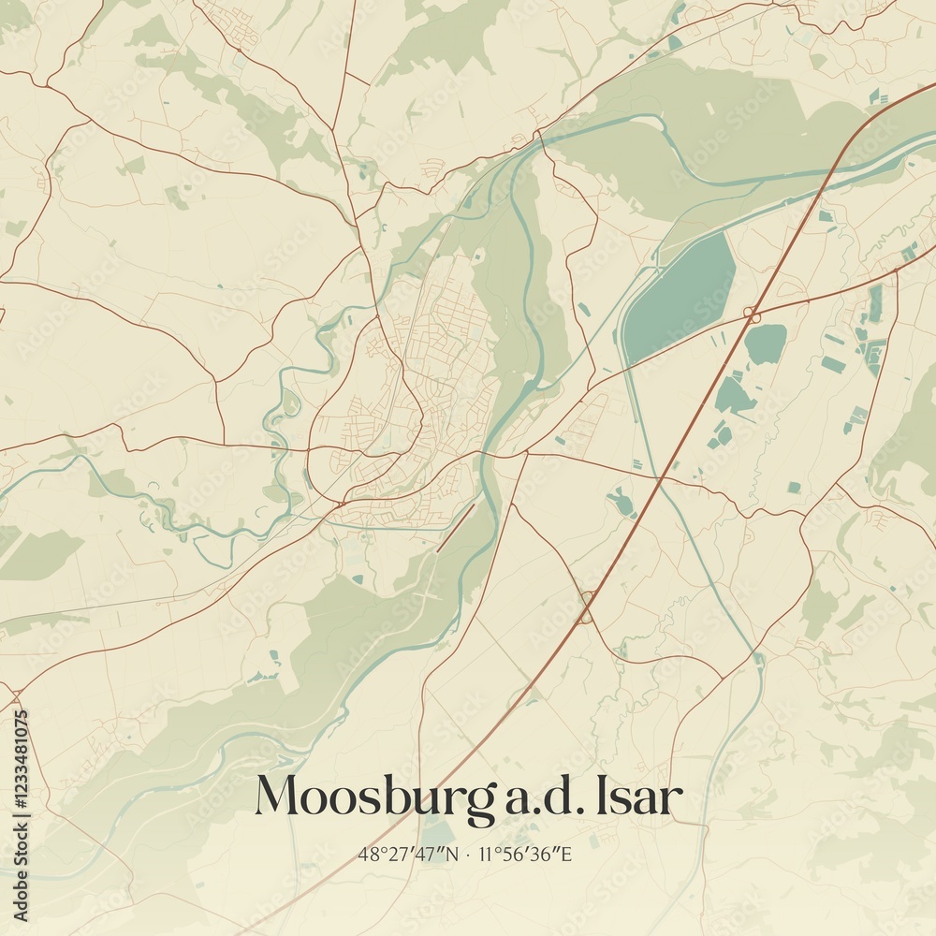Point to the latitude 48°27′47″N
408,855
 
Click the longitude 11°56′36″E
527,855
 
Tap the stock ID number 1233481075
22,792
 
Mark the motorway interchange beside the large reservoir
751,314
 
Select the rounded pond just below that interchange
766,344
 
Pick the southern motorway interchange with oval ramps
587,607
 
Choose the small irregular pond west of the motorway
622,503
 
